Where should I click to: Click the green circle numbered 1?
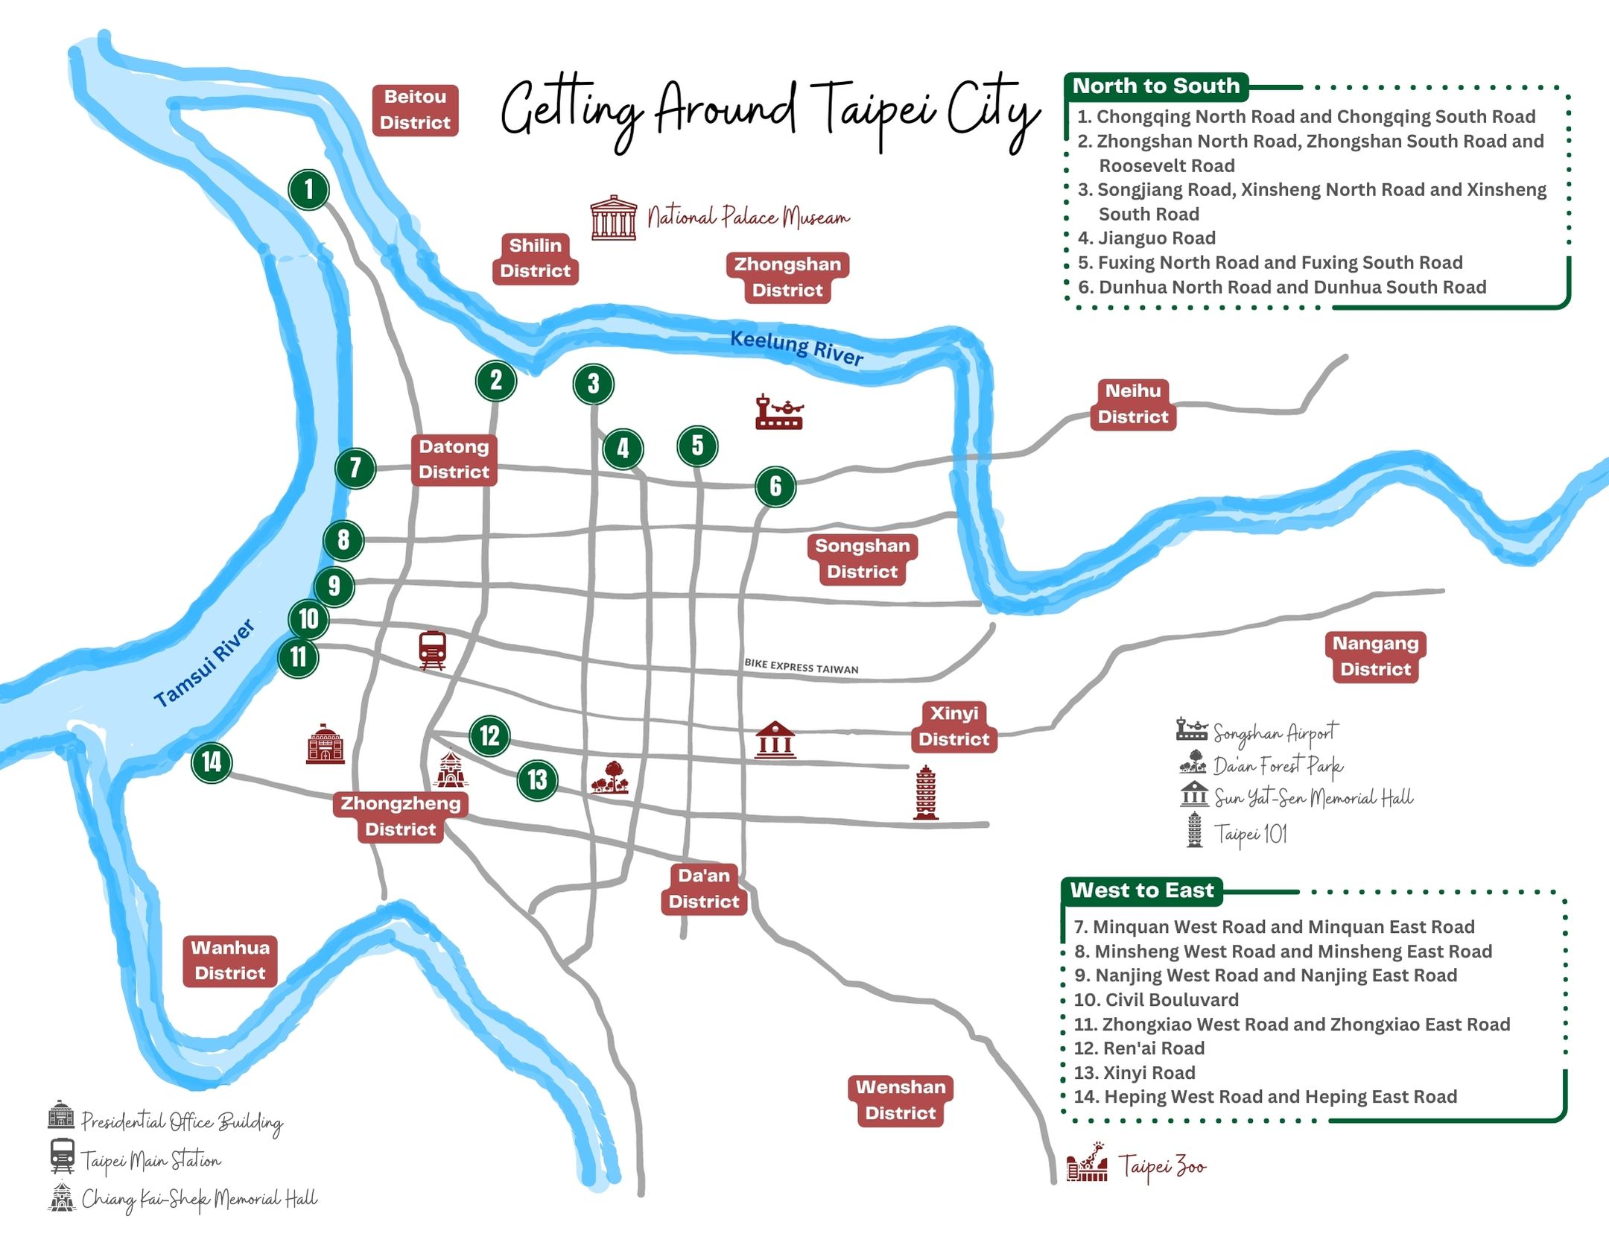[x=309, y=189]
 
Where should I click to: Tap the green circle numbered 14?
[x=212, y=762]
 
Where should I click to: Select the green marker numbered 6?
[x=775, y=487]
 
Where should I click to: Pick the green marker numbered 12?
[x=489, y=736]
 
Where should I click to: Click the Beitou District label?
[x=415, y=110]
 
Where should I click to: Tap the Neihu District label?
[x=1133, y=404]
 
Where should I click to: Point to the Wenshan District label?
[x=901, y=1100]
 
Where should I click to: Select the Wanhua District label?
[x=230, y=960]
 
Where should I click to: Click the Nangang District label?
[x=1375, y=656]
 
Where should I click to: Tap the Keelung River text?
[x=796, y=347]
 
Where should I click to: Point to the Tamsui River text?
[x=204, y=663]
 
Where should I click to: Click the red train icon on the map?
[x=432, y=650]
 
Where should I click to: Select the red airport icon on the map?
[x=779, y=412]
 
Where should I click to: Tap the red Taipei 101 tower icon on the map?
[x=925, y=793]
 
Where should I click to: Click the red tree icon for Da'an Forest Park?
[x=610, y=777]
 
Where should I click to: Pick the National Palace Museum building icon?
[x=614, y=218]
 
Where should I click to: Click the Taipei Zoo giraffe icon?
[x=1087, y=1162]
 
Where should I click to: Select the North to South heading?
[x=1156, y=86]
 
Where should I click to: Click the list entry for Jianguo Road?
[x=1147, y=238]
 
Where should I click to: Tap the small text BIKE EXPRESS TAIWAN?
[x=802, y=666]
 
